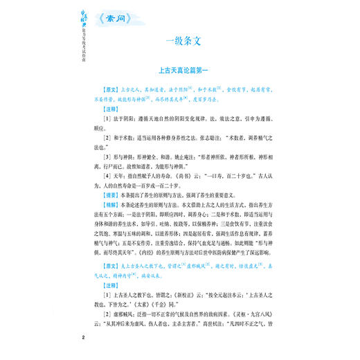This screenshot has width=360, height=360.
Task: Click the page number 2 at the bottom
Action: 82,336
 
